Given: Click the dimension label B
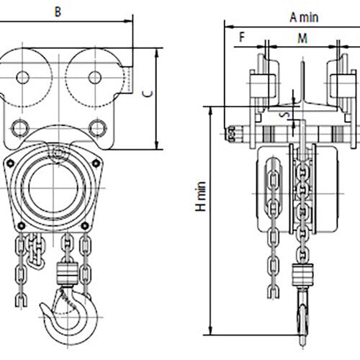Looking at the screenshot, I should click(58, 11).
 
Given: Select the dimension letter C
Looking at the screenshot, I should click(147, 94).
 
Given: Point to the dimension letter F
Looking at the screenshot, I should click(242, 37).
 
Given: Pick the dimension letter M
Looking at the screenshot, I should click(301, 37).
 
